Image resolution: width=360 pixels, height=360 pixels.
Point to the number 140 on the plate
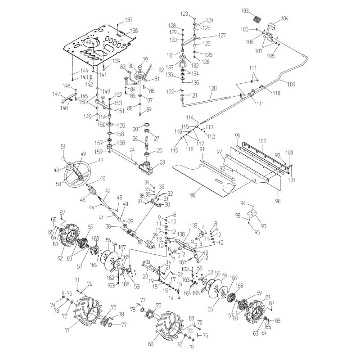88,41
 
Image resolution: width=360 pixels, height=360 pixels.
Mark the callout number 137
129,20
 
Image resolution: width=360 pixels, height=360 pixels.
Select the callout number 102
262,141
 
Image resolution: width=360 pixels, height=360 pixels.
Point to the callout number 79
145,59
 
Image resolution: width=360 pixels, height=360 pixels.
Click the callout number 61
267,298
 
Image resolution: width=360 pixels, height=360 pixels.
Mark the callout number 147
56,94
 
